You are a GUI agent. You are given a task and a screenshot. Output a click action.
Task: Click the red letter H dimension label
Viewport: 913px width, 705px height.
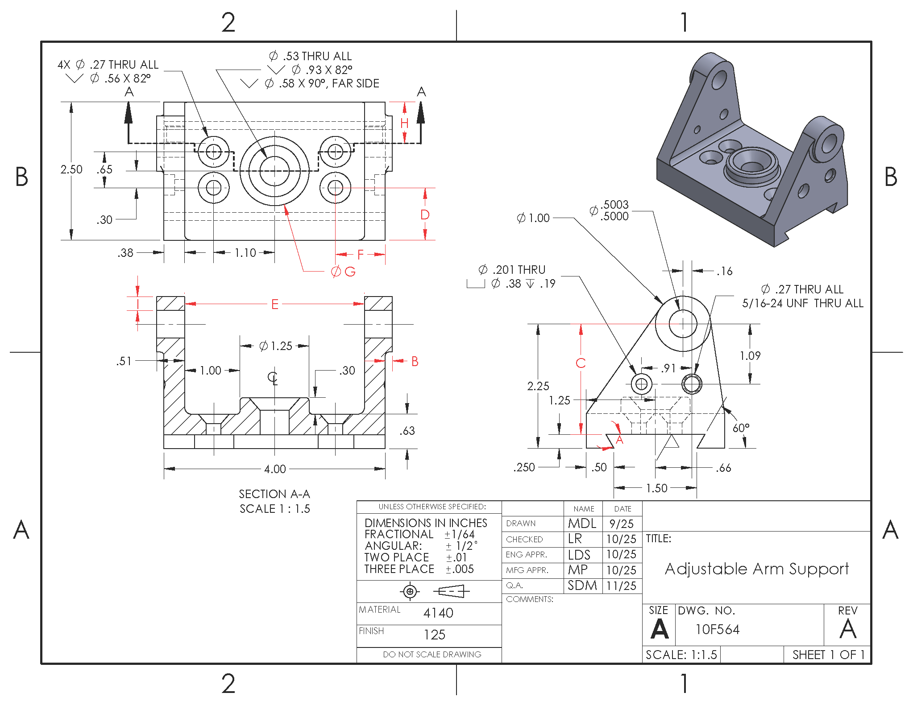[x=404, y=123]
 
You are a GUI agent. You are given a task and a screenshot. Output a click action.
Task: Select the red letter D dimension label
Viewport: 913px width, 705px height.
[x=425, y=215]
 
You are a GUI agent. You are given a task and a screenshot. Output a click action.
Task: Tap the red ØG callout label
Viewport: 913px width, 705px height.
[x=343, y=272]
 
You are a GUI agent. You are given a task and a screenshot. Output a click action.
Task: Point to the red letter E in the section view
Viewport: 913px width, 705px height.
[x=275, y=305]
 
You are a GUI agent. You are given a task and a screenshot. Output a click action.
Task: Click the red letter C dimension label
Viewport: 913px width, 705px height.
[x=581, y=363]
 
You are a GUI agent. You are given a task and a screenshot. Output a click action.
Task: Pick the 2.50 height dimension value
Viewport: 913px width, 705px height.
[x=71, y=169]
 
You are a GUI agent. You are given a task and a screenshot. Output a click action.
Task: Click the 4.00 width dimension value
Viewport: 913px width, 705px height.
[x=275, y=469]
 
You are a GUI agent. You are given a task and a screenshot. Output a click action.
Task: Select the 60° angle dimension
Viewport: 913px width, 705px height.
[x=741, y=428]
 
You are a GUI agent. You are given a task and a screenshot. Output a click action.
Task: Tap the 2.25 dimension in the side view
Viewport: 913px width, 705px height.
[x=538, y=386]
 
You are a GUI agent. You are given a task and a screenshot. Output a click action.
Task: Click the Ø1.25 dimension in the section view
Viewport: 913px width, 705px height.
[x=276, y=346]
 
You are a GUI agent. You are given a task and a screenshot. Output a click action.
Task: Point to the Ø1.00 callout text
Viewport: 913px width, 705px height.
[x=533, y=218]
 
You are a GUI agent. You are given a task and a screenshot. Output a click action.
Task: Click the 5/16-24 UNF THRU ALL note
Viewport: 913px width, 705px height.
[x=802, y=303]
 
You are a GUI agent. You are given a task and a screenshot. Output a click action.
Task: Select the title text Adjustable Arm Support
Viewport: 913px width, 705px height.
[x=757, y=569]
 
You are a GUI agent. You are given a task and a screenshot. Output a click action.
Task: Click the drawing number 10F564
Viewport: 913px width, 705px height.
[x=718, y=630]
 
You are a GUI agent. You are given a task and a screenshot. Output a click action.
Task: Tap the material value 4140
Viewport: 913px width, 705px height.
[x=438, y=613]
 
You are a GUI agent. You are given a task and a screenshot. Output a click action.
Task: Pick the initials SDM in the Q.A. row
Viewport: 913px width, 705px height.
[x=582, y=585]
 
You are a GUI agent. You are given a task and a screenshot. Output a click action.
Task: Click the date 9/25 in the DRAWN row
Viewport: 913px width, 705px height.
[x=622, y=524]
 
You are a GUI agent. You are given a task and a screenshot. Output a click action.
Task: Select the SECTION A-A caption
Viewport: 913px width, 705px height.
[x=274, y=494]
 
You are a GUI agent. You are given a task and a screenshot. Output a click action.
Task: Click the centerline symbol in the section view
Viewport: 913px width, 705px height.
[x=273, y=378]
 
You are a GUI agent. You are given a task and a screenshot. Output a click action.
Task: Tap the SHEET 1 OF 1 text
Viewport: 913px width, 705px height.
[x=828, y=655]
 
